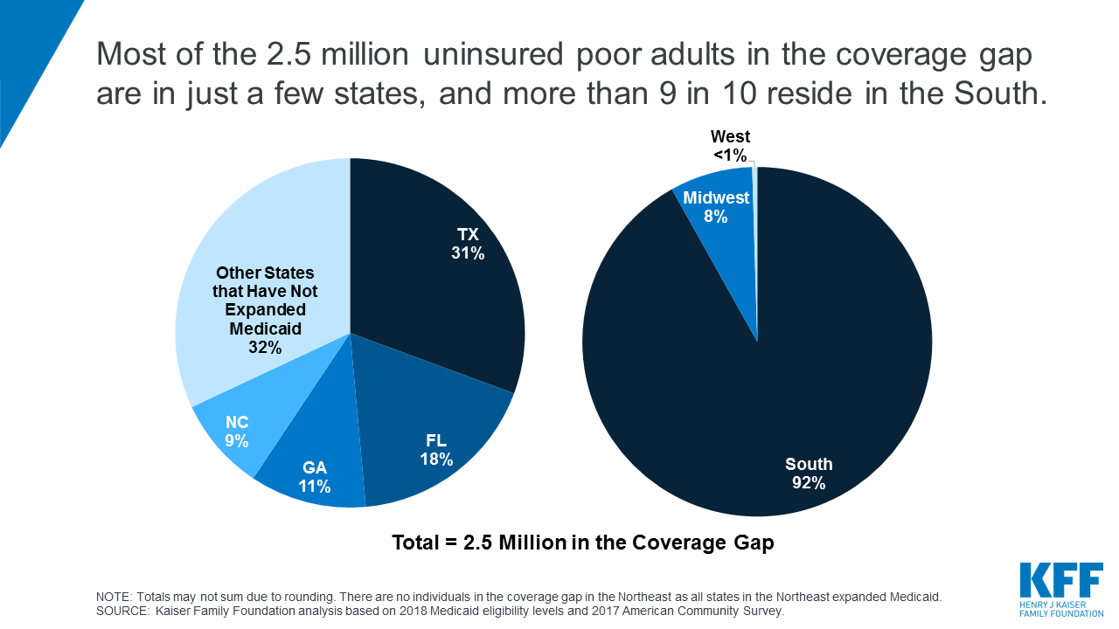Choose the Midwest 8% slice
tap(716, 207)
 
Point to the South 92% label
tap(809, 473)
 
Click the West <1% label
tap(730, 146)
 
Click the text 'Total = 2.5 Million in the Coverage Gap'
tap(583, 543)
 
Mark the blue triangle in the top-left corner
tap(26, 44)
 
